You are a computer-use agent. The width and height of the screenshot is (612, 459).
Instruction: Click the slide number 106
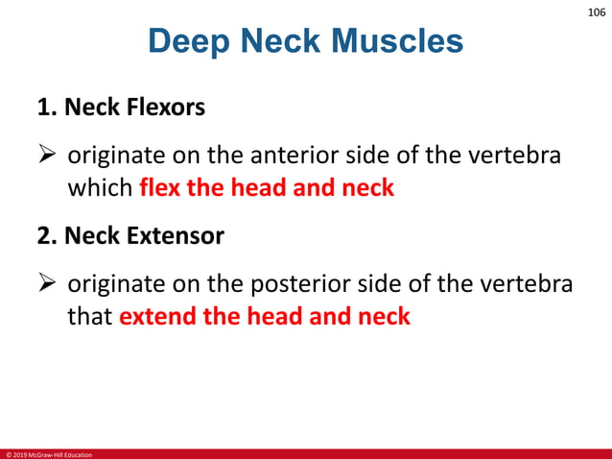(595, 12)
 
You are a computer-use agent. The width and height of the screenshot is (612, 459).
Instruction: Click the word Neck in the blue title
(273, 42)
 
